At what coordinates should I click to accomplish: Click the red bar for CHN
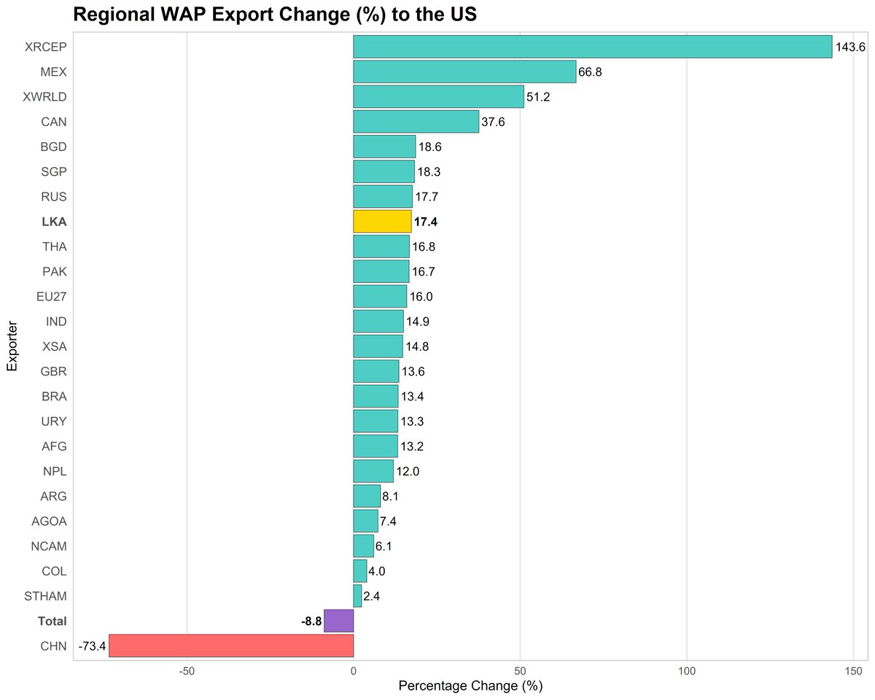(231, 645)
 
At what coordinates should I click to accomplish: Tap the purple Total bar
(338, 621)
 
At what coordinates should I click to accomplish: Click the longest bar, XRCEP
(592, 47)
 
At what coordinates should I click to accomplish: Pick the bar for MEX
(464, 71)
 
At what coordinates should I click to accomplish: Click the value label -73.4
(92, 646)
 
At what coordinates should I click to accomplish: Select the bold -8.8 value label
(311, 621)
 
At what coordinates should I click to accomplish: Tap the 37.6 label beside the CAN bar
(493, 122)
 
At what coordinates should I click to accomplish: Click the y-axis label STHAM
(46, 596)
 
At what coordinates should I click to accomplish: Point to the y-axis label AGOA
(49, 521)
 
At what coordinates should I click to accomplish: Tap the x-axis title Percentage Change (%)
(470, 687)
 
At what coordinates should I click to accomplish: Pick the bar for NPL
(373, 471)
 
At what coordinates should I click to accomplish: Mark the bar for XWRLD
(438, 96)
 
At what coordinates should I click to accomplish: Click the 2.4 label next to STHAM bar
(371, 596)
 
